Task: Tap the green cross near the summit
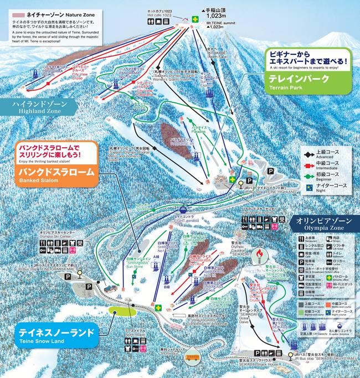point(194,19)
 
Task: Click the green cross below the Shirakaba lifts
point(158,307)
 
